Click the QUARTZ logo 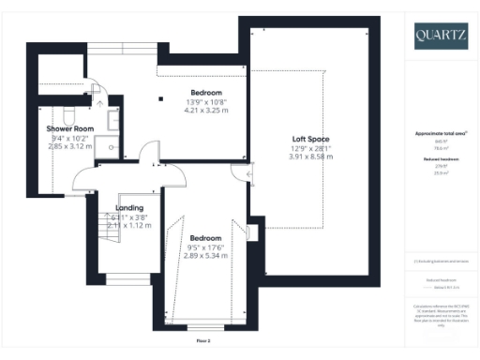pyautogui.click(x=441, y=37)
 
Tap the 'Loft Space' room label pyautogui.click(x=310, y=139)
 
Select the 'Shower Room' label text pyautogui.click(x=70, y=129)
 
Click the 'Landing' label pyautogui.click(x=129, y=208)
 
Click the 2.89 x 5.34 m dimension pyautogui.click(x=204, y=255)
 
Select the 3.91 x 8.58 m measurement pyautogui.click(x=310, y=157)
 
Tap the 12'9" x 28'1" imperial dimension pyautogui.click(x=310, y=148)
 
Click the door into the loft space pyautogui.click(x=248, y=172)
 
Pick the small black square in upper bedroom pyautogui.click(x=161, y=98)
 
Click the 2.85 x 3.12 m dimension pyautogui.click(x=70, y=147)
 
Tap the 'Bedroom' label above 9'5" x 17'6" pyautogui.click(x=204, y=237)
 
